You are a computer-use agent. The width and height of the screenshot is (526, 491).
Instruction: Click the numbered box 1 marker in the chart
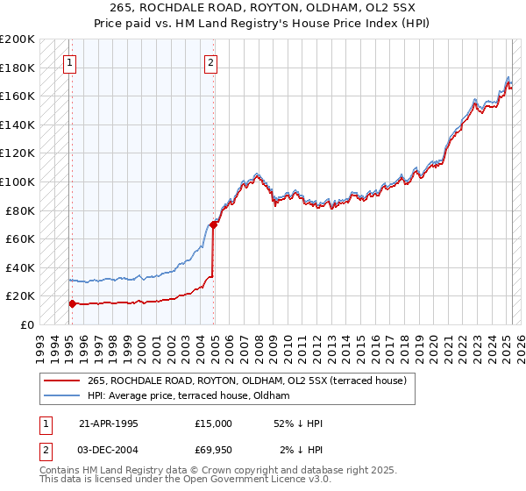pyautogui.click(x=69, y=62)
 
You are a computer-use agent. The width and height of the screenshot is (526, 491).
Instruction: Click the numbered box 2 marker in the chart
pyautogui.click(x=211, y=62)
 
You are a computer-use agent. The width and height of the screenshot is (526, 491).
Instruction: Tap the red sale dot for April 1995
pyautogui.click(x=72, y=303)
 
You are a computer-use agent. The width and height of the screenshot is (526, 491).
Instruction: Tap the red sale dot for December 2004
pyautogui.click(x=214, y=224)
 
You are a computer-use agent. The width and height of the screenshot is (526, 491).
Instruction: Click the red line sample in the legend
pyautogui.click(x=61, y=381)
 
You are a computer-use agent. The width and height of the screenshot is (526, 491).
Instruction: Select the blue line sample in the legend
pyautogui.click(x=61, y=396)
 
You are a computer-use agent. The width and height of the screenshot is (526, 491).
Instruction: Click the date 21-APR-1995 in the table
pyautogui.click(x=109, y=423)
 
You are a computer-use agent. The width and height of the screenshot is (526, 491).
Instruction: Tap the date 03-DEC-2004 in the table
pyautogui.click(x=109, y=452)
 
